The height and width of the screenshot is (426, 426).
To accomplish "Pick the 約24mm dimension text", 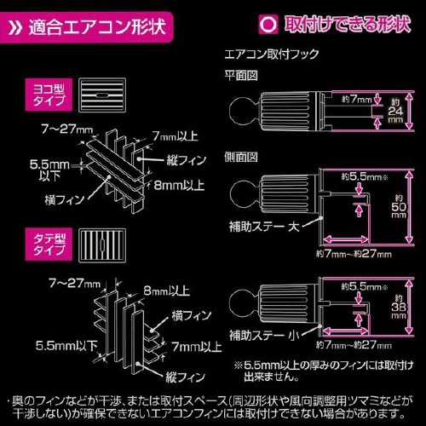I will click(x=394, y=110).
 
